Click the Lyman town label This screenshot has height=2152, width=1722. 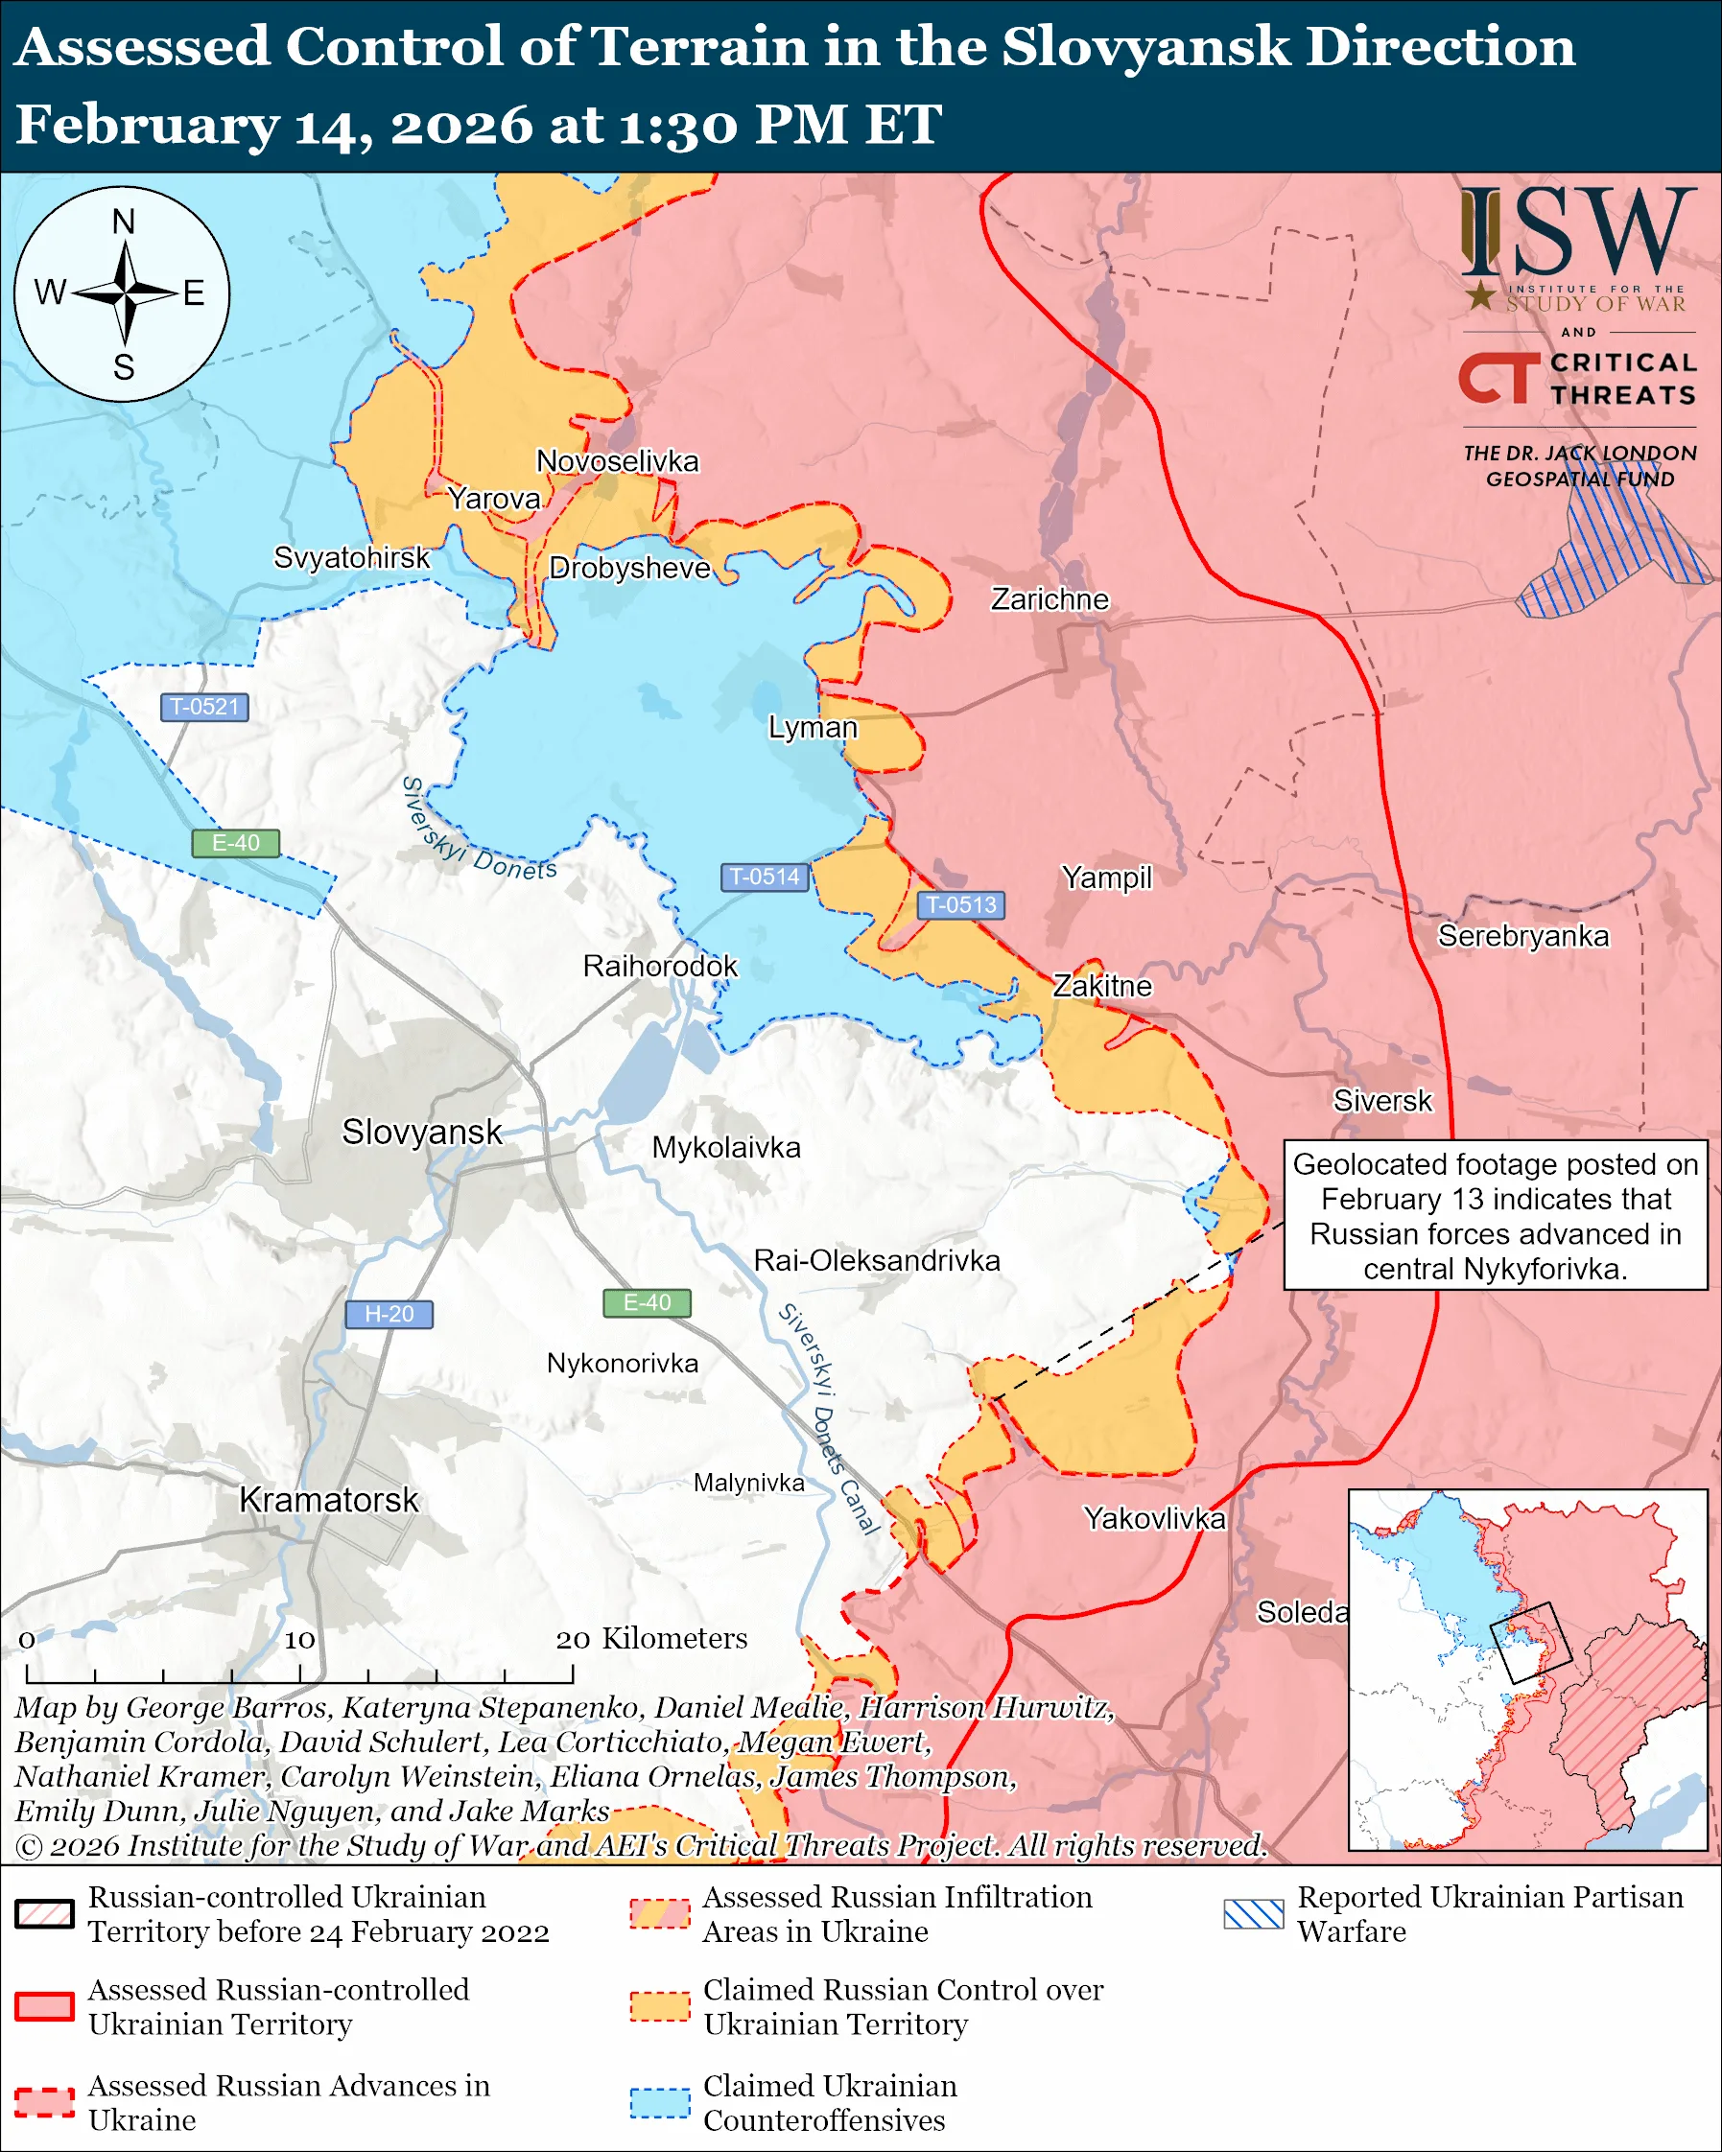click(x=812, y=728)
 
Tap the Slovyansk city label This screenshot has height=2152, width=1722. click(x=421, y=1132)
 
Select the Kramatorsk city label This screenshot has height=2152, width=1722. click(x=328, y=1500)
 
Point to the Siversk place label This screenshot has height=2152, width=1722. click(x=1381, y=1101)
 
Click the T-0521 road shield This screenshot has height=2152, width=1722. click(x=204, y=707)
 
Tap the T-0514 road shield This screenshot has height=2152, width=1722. click(x=764, y=877)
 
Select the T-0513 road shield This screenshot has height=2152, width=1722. click(x=960, y=904)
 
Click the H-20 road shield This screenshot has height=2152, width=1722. click(x=389, y=1314)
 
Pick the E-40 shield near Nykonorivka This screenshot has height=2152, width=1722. click(x=647, y=1302)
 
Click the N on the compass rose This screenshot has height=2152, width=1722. click(x=123, y=222)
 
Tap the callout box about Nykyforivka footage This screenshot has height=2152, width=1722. click(x=1495, y=1216)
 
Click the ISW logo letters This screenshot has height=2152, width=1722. click(x=1577, y=233)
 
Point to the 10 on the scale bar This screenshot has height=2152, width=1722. click(x=299, y=1640)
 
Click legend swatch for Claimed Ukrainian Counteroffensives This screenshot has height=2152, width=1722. click(x=660, y=2102)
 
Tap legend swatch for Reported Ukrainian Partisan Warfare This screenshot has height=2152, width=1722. click(x=1253, y=1913)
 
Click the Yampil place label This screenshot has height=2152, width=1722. click(x=1106, y=877)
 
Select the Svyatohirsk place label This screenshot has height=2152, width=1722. click(x=351, y=557)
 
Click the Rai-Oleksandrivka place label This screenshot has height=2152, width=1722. click(x=877, y=1261)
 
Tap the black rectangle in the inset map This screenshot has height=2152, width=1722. click(x=1530, y=1643)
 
